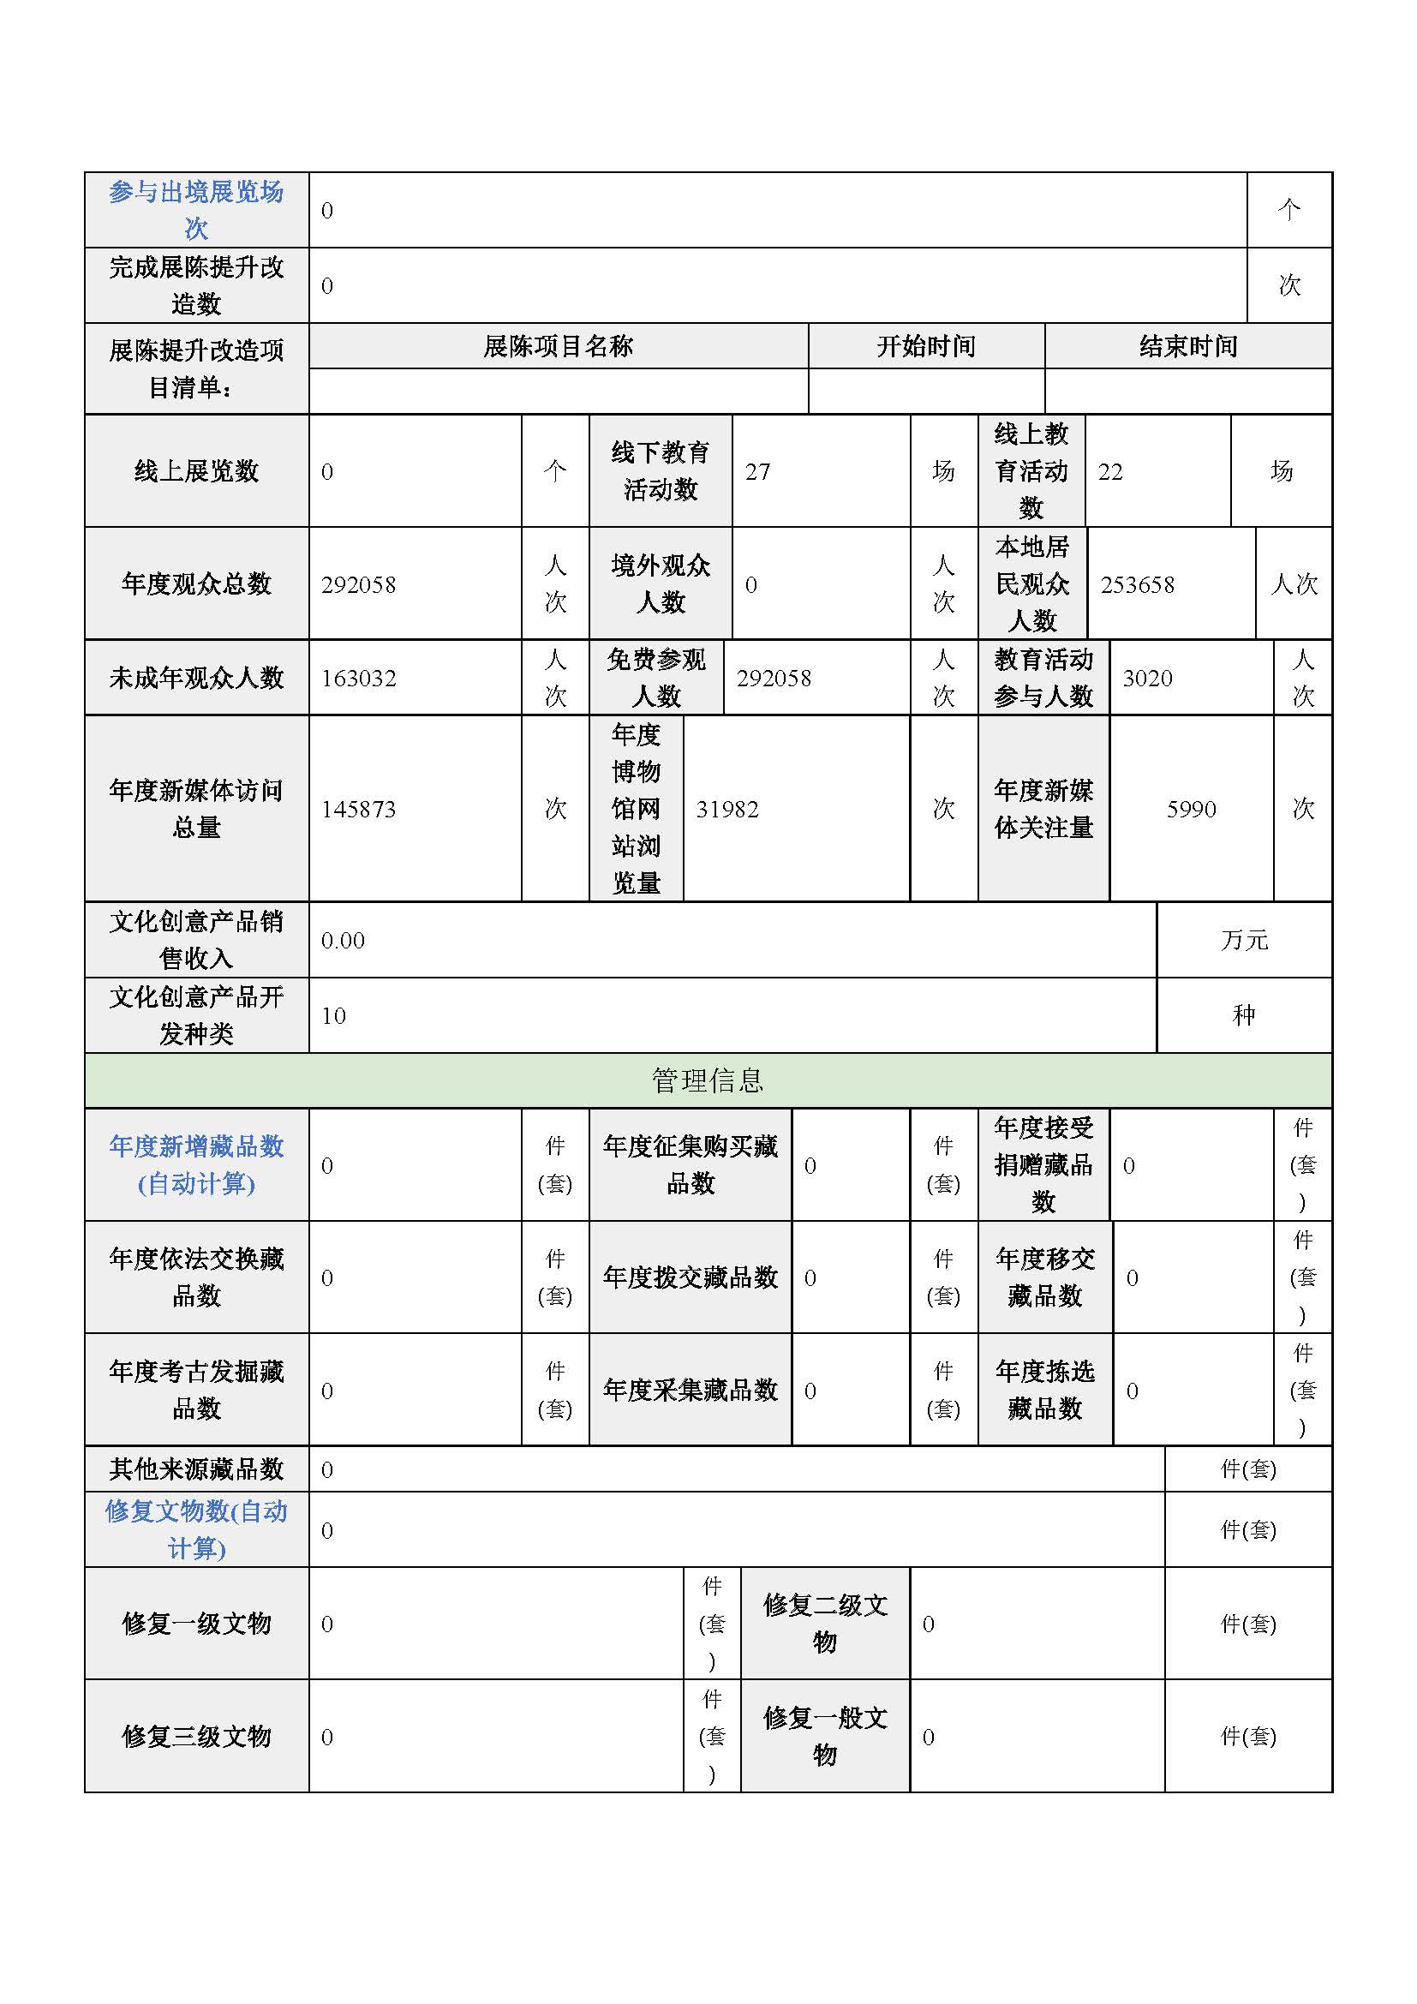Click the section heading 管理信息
708,1080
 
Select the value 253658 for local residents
1137,585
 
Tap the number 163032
359,679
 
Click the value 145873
359,809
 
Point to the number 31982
726,809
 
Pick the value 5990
1191,809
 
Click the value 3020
1146,679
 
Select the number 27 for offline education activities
757,472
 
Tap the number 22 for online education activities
1109,472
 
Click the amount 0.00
343,940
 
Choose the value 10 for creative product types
333,1016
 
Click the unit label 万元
1244,940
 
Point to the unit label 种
1244,1015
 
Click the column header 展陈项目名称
559,346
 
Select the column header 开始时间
926,346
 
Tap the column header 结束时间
1188,346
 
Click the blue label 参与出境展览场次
196,209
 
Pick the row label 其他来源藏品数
196,1469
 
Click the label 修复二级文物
824,1624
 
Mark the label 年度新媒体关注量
1043,808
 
